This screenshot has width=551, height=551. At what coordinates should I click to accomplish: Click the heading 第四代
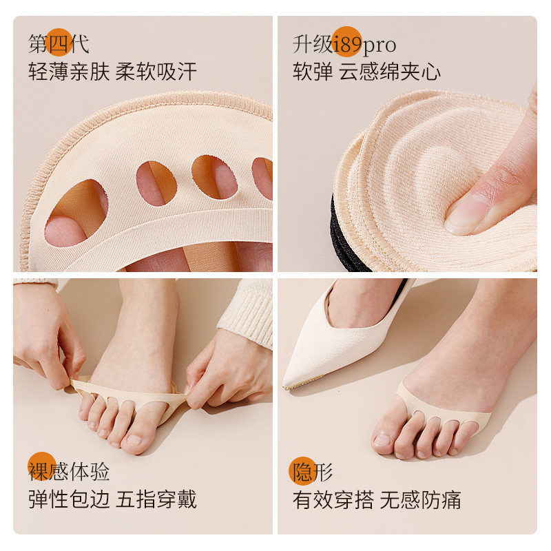pos(59,44)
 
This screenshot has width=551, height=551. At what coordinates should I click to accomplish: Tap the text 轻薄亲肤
pos(69,72)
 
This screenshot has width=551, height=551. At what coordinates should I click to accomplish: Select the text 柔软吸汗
pos(156,72)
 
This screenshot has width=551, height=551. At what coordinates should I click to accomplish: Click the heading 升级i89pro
pos(344,45)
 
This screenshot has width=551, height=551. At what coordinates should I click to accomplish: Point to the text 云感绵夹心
pos(390,72)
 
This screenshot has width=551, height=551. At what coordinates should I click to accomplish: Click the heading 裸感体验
pos(69,471)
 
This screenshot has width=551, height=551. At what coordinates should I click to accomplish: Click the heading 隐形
pos(313,472)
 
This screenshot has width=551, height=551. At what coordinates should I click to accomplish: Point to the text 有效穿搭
pos(333,499)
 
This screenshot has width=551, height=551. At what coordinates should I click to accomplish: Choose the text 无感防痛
pos(420,499)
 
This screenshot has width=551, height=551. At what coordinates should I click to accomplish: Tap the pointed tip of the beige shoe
pos(284,387)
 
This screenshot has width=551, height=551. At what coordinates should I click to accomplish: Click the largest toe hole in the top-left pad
pos(76,213)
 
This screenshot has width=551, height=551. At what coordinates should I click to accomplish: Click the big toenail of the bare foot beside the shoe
pos(382,439)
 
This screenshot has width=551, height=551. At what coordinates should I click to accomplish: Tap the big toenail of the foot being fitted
pos(134,440)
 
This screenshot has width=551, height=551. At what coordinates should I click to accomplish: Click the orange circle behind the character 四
pos(59,43)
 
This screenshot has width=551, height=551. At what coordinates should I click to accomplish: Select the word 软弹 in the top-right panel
pos(313,72)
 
